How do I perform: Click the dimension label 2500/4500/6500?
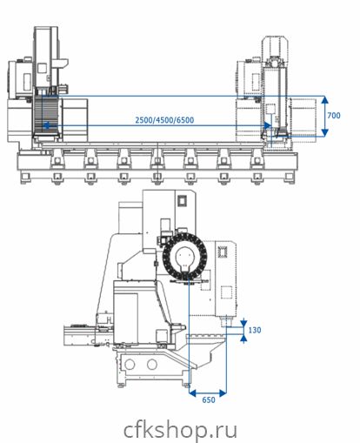(164, 120)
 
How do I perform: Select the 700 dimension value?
(334, 116)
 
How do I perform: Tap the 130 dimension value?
(255, 330)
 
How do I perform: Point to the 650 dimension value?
(209, 399)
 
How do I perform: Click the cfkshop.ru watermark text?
(180, 430)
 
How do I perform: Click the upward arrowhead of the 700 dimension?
(325, 99)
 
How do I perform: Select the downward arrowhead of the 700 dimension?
(325, 132)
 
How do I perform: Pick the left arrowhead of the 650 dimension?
(192, 393)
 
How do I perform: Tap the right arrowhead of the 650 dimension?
(223, 393)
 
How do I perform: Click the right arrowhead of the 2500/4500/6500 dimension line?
(267, 125)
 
